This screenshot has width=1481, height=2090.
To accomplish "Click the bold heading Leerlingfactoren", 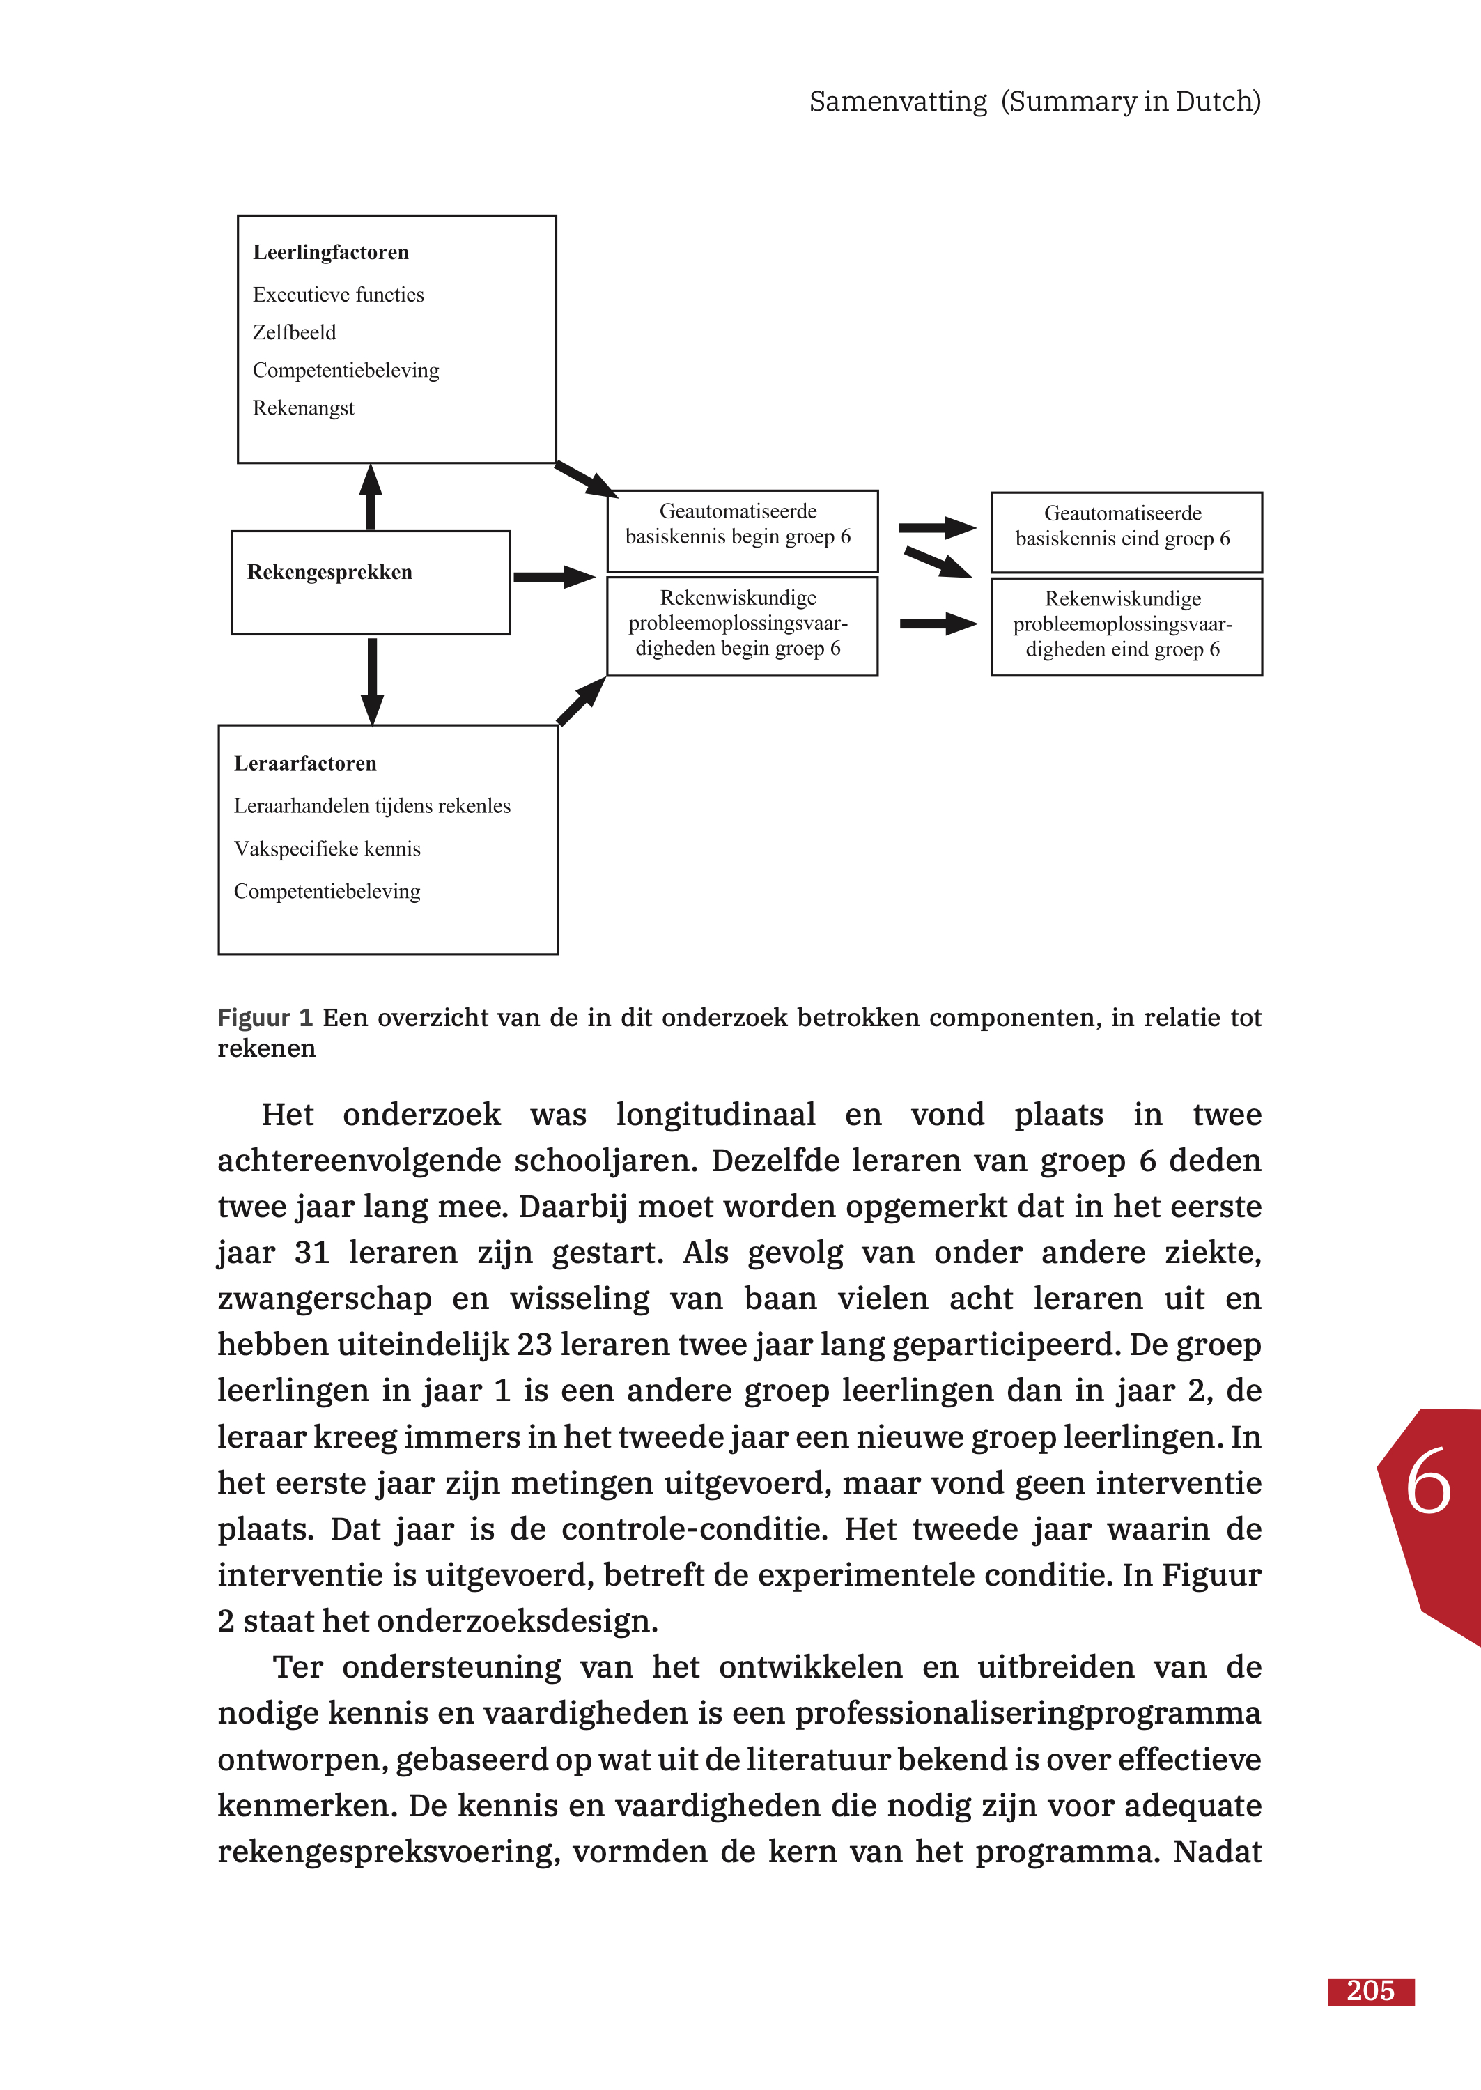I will pyautogui.click(x=330, y=253).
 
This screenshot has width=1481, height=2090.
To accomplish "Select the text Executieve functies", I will pyautogui.click(x=339, y=295).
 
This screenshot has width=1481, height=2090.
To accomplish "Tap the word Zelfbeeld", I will pyautogui.click(x=294, y=333).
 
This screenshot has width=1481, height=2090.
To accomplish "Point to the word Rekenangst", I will pyautogui.click(x=304, y=408).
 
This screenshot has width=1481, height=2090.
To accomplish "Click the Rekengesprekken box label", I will pyautogui.click(x=329, y=573).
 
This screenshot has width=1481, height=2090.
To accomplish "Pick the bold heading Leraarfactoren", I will pyautogui.click(x=304, y=764).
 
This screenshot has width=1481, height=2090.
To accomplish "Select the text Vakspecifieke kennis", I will pyautogui.click(x=327, y=849).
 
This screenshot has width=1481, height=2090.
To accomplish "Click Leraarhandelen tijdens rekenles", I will pyautogui.click(x=372, y=806).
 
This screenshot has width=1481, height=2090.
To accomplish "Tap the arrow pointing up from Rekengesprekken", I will pyautogui.click(x=371, y=497).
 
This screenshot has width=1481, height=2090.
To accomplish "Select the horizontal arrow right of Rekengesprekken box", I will pyautogui.click(x=554, y=576).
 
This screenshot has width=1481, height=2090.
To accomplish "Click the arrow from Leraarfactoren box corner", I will pyautogui.click(x=582, y=702).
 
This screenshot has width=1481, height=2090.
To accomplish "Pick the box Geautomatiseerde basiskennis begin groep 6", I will pyautogui.click(x=743, y=531).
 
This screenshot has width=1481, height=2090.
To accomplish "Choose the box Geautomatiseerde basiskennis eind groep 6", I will pyautogui.click(x=1126, y=532).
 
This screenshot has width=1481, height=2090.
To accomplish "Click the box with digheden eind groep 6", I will pyautogui.click(x=1126, y=626).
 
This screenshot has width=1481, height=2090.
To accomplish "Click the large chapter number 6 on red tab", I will pyautogui.click(x=1427, y=1482).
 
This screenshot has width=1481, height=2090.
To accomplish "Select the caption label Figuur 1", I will pyautogui.click(x=265, y=1018).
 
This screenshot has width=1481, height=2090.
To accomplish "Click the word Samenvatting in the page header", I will pyautogui.click(x=897, y=101).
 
